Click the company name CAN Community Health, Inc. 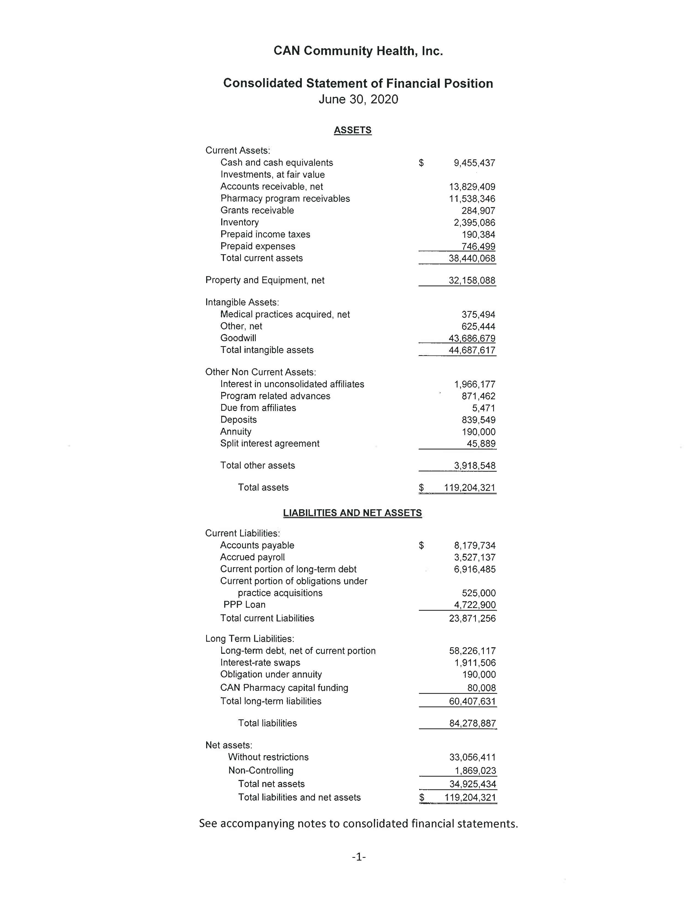tap(358, 51)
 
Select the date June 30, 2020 tap(358, 100)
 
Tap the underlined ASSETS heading tap(353, 130)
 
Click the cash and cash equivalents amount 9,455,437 tap(474, 163)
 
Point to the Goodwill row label tap(238, 338)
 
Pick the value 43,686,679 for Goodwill tap(472, 338)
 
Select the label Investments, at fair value tap(272, 174)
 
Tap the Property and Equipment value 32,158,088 tap(472, 281)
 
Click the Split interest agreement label tap(269, 443)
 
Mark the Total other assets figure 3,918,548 tap(474, 466)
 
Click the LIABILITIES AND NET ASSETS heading tap(353, 513)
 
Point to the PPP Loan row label tap(244, 605)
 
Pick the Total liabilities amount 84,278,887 tap(473, 723)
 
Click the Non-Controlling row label tap(261, 770)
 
